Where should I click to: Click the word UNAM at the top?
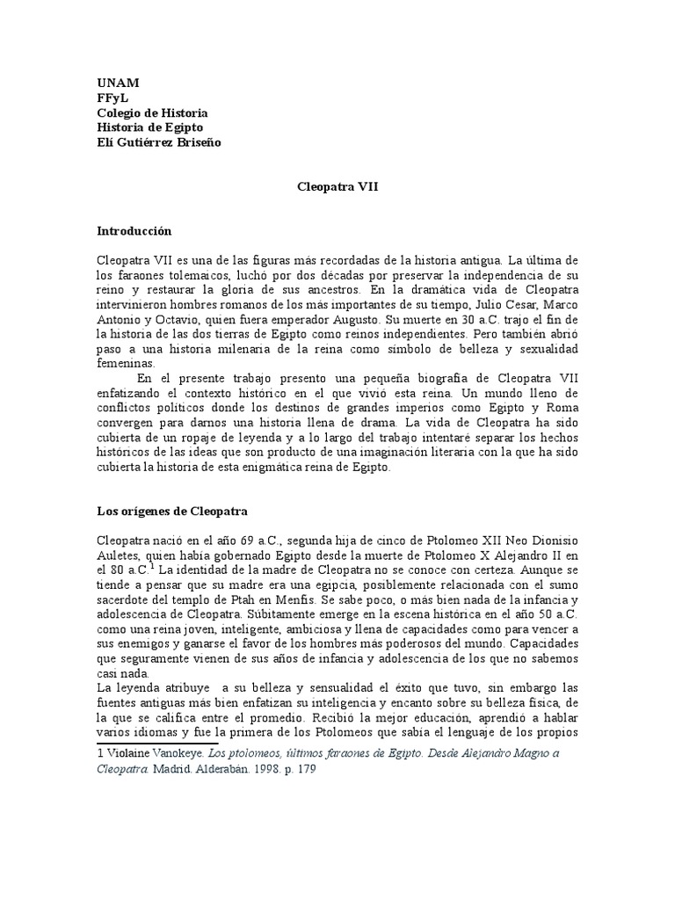pyautogui.click(x=117, y=83)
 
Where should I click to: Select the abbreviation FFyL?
pyautogui.click(x=112, y=98)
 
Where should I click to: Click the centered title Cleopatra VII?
pyautogui.click(x=337, y=187)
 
